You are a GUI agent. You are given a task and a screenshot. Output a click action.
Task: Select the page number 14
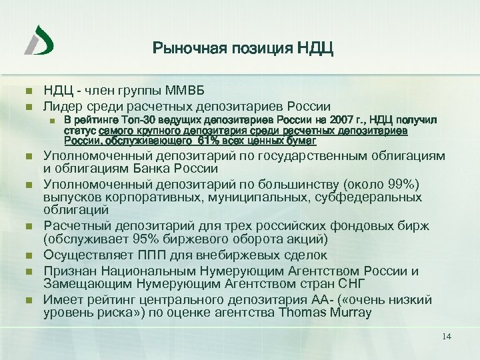tap(447, 336)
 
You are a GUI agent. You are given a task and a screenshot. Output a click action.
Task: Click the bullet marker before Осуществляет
tap(27, 255)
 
